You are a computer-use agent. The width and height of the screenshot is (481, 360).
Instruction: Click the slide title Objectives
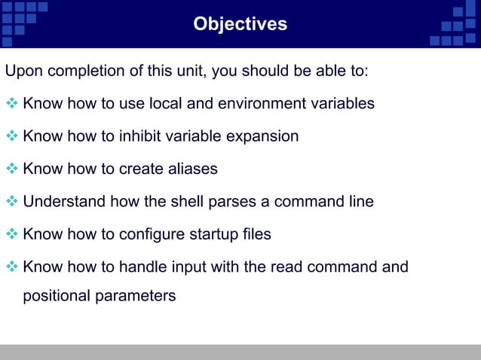pyautogui.click(x=240, y=24)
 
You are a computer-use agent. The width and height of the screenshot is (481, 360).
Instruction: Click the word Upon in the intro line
pyautogui.click(x=23, y=72)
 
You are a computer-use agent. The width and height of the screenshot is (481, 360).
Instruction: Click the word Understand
pyautogui.click(x=64, y=202)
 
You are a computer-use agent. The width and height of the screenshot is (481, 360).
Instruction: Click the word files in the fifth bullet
pyautogui.click(x=257, y=234)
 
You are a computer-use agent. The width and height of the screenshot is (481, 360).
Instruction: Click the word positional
pyautogui.click(x=57, y=295)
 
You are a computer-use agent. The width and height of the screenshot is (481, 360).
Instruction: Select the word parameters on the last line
pyautogui.click(x=136, y=295)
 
